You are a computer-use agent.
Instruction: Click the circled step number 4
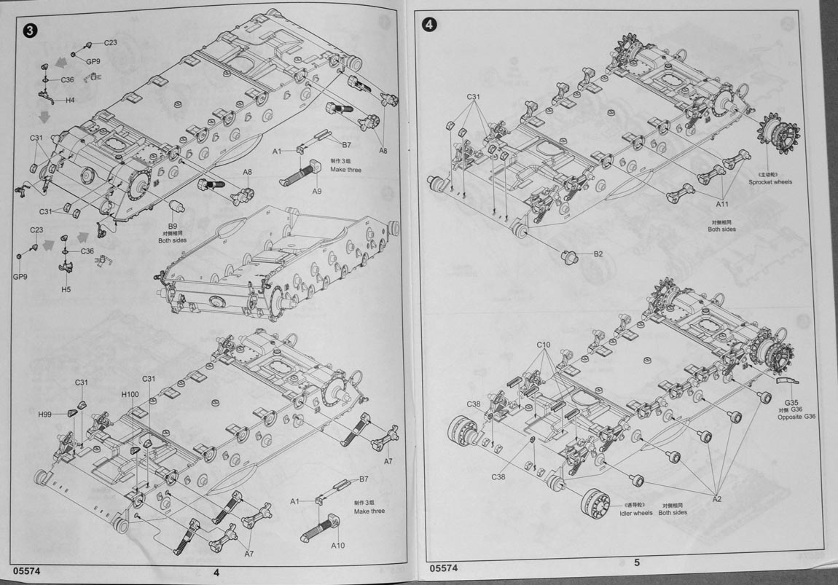(x=430, y=24)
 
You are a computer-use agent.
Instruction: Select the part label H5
(x=66, y=289)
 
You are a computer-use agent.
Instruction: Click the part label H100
(x=130, y=394)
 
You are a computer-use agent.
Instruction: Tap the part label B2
(x=598, y=254)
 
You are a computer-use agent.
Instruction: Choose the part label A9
(x=316, y=191)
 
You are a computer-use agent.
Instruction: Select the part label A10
(x=337, y=546)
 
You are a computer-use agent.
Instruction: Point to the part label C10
(x=544, y=344)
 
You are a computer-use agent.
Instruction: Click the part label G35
(x=792, y=401)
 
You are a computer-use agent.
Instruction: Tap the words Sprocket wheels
(x=770, y=182)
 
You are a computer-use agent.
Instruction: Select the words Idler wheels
(x=636, y=513)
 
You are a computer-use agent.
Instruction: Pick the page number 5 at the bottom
(x=636, y=562)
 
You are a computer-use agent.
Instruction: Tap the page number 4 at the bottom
(x=216, y=572)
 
